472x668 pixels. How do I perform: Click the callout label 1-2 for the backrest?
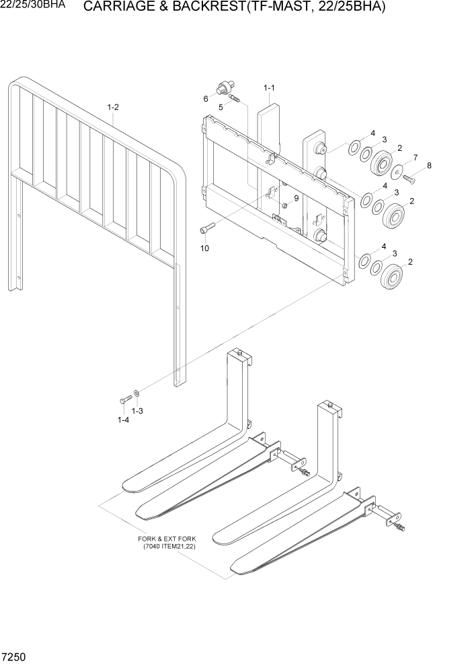tap(113, 107)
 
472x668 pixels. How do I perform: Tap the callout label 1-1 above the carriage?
tap(269, 88)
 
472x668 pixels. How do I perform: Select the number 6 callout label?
tap(206, 99)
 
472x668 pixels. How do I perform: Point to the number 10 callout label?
tap(204, 248)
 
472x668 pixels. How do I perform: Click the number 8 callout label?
tap(428, 165)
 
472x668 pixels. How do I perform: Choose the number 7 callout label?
tap(415, 157)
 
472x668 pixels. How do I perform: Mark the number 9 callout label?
tap(296, 198)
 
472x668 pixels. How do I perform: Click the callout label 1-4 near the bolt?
tap(123, 420)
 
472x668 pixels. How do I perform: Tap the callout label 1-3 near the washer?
tap(137, 411)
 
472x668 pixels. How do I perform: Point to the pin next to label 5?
tap(235, 100)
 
